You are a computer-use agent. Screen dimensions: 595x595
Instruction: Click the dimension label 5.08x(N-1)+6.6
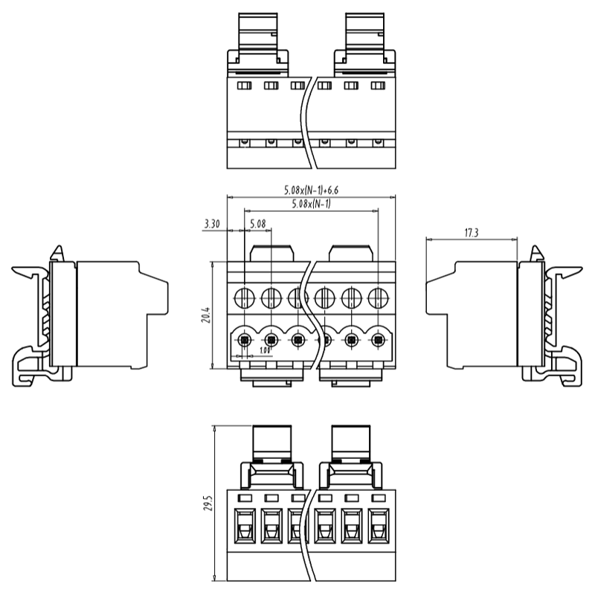[x=306, y=190]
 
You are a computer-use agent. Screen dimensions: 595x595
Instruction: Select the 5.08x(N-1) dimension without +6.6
[x=311, y=205]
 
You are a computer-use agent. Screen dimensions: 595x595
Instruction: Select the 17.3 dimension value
[x=471, y=233]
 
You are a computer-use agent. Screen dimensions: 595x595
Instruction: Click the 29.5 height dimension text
[x=208, y=504]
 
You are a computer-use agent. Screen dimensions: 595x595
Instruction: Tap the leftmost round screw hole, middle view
[x=245, y=299]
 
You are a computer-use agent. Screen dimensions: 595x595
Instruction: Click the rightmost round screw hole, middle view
[x=378, y=299]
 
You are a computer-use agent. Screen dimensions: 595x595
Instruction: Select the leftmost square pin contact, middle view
[x=245, y=341]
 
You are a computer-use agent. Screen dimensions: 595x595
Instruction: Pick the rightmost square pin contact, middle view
[x=378, y=341]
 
